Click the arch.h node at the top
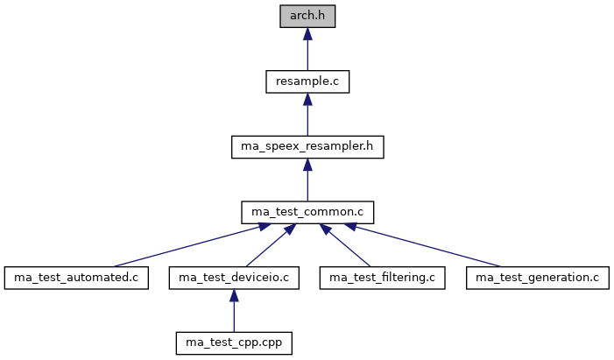point(307,15)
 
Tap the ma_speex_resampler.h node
point(307,146)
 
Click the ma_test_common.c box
point(307,212)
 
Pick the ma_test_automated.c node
point(74,278)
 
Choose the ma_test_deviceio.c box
point(233,278)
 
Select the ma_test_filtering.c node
point(382,278)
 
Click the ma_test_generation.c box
point(537,278)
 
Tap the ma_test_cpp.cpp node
point(233,343)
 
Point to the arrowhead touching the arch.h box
point(307,32)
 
